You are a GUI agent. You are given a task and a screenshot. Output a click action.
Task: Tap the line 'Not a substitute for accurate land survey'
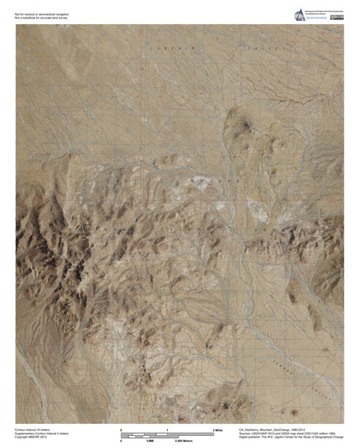45,15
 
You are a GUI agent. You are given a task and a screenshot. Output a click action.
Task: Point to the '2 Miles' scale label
219,429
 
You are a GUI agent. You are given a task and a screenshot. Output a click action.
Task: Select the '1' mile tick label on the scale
168,428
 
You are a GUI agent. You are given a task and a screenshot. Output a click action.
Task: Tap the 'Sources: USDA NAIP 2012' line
289,433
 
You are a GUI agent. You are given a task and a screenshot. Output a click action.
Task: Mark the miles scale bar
167,433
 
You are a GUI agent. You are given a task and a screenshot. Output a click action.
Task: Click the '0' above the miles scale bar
121,428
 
